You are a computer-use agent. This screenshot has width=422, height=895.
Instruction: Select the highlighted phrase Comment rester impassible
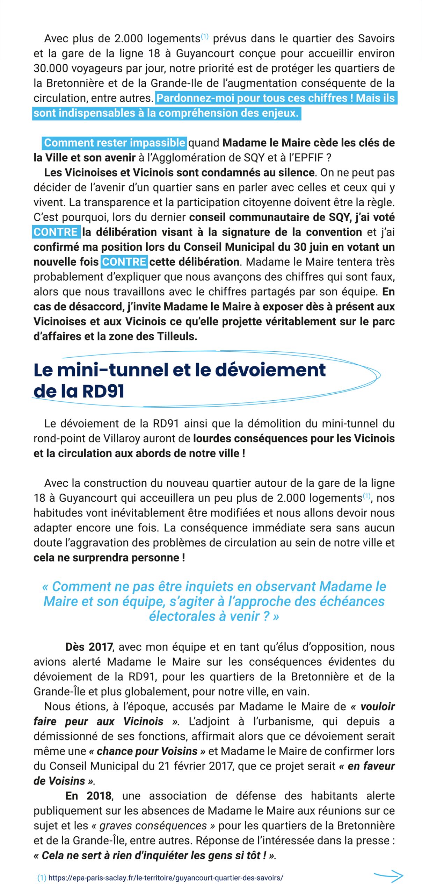(115, 143)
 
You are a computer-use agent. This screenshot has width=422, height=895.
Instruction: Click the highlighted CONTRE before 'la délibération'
(56, 232)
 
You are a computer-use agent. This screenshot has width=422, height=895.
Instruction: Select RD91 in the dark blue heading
(103, 391)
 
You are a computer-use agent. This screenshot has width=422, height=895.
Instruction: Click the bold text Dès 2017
(89, 647)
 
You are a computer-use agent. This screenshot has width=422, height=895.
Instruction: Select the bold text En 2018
(89, 796)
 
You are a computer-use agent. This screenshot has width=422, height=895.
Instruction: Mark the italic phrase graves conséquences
(153, 825)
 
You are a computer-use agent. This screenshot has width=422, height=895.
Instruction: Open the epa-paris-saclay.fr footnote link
(166, 878)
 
